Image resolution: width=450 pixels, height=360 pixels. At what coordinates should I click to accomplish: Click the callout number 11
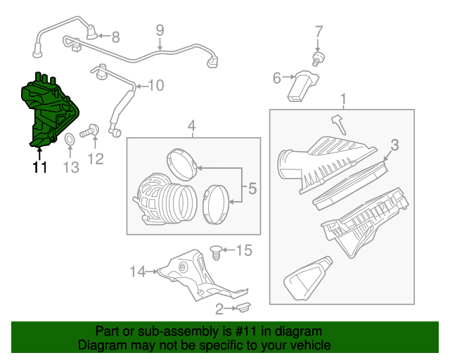[x=39, y=167]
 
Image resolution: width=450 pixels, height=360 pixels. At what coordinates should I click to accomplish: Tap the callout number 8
[x=115, y=37]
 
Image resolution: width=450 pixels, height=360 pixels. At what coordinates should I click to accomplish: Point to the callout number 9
[x=160, y=30]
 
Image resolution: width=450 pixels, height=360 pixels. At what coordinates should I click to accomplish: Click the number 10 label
[x=155, y=86]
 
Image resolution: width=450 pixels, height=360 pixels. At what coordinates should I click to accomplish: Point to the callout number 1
[x=342, y=98]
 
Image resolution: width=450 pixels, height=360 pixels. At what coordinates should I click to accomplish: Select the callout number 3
[x=394, y=146]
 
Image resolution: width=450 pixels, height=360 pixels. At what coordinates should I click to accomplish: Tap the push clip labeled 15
[x=217, y=249]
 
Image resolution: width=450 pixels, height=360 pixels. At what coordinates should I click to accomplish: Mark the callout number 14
[x=136, y=271]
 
